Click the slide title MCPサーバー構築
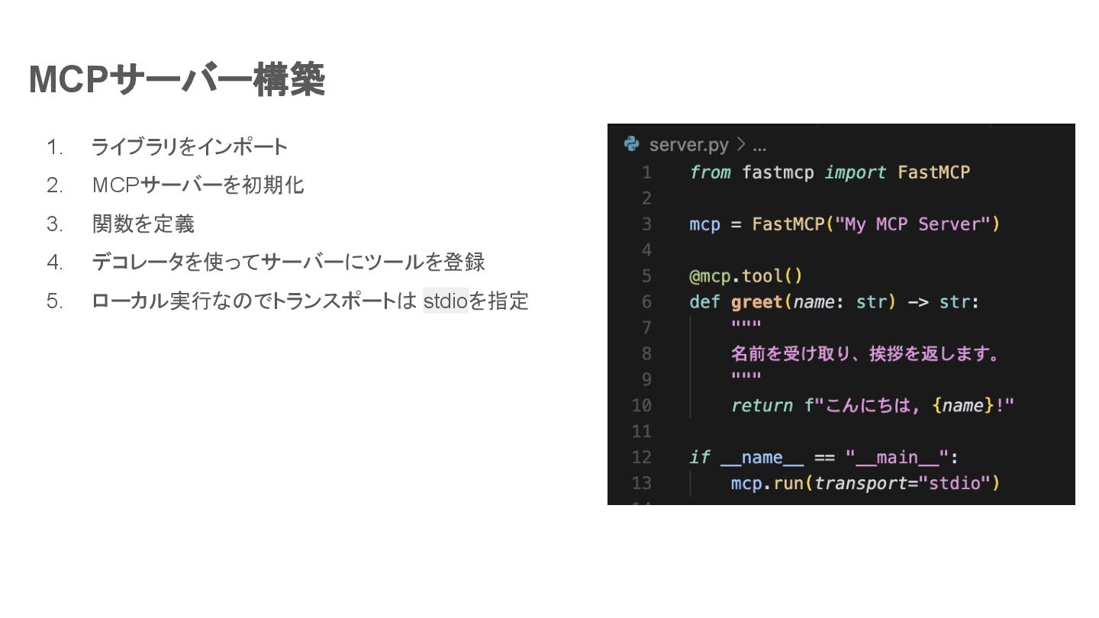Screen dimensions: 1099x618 (x=177, y=79)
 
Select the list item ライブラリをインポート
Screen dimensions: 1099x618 (x=189, y=146)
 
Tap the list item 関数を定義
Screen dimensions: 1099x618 (x=143, y=224)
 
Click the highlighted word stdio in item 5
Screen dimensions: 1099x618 (x=445, y=301)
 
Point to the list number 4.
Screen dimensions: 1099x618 (x=54, y=262)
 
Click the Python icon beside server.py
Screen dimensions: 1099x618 (x=631, y=143)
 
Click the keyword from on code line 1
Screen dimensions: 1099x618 (x=710, y=172)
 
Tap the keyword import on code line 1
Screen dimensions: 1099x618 (x=855, y=172)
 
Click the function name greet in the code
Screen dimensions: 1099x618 (x=756, y=301)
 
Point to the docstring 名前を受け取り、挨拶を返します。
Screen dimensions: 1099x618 (x=865, y=353)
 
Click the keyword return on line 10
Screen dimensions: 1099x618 (x=762, y=405)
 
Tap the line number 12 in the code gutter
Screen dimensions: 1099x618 (x=642, y=457)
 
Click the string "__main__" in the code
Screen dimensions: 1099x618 (x=896, y=457)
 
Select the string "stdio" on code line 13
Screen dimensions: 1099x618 (x=954, y=483)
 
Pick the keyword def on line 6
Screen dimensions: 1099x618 (x=704, y=301)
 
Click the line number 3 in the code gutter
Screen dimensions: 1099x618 (x=646, y=224)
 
